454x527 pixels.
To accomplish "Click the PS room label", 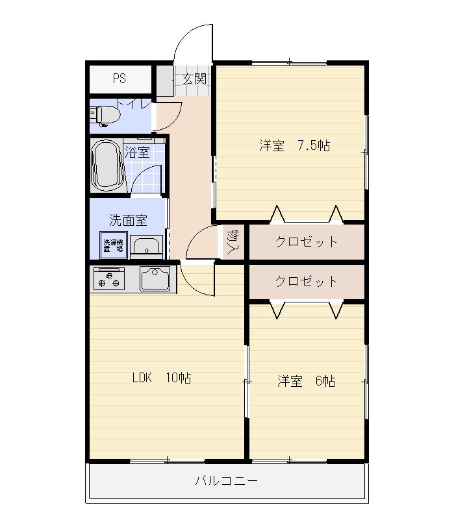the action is point(120,79).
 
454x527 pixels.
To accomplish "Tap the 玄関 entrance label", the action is point(194,79).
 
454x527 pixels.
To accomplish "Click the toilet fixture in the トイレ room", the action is point(105,116).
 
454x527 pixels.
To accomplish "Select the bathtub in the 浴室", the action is point(107,165).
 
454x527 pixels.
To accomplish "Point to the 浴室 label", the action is point(137,153).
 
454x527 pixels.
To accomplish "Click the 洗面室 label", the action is point(129,220).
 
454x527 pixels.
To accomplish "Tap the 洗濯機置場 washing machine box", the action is point(114,245).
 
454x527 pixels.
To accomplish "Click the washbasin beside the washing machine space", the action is point(146,247).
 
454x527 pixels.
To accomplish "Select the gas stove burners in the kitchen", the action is point(109,278).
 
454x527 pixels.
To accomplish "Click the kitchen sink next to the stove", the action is point(155,278).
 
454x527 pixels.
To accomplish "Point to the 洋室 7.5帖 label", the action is point(295,145).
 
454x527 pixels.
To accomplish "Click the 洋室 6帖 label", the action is point(307,381).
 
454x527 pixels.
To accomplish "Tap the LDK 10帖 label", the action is point(162,378).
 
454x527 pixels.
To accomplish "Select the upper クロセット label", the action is point(306,241).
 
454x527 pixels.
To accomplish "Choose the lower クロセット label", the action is point(306,281).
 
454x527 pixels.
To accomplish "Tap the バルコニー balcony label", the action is point(226,481).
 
